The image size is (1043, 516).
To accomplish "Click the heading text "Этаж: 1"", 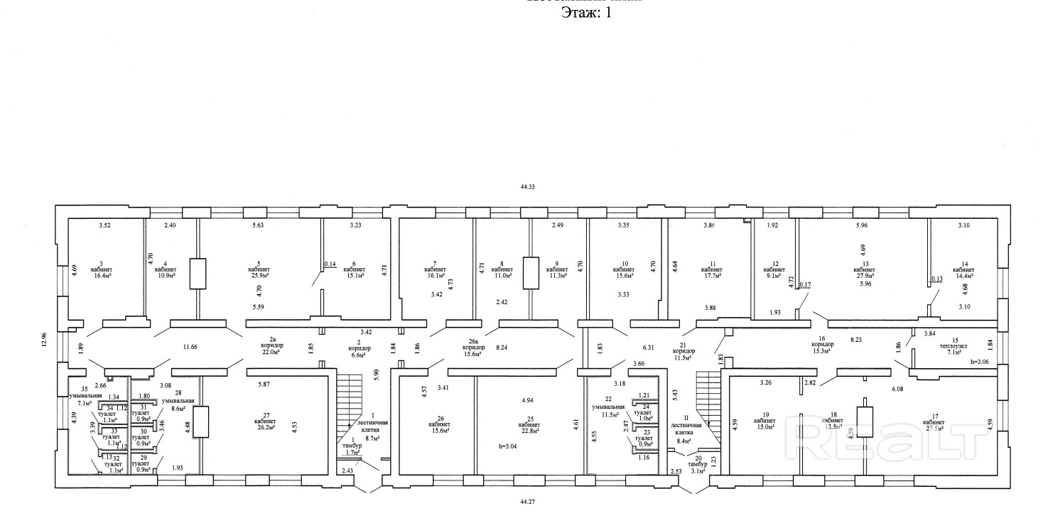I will pos(586,13).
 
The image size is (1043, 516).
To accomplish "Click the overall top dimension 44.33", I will pos(527,187).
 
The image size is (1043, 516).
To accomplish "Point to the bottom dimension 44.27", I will pos(527,501).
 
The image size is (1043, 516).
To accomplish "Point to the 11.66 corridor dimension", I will pos(190,346).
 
